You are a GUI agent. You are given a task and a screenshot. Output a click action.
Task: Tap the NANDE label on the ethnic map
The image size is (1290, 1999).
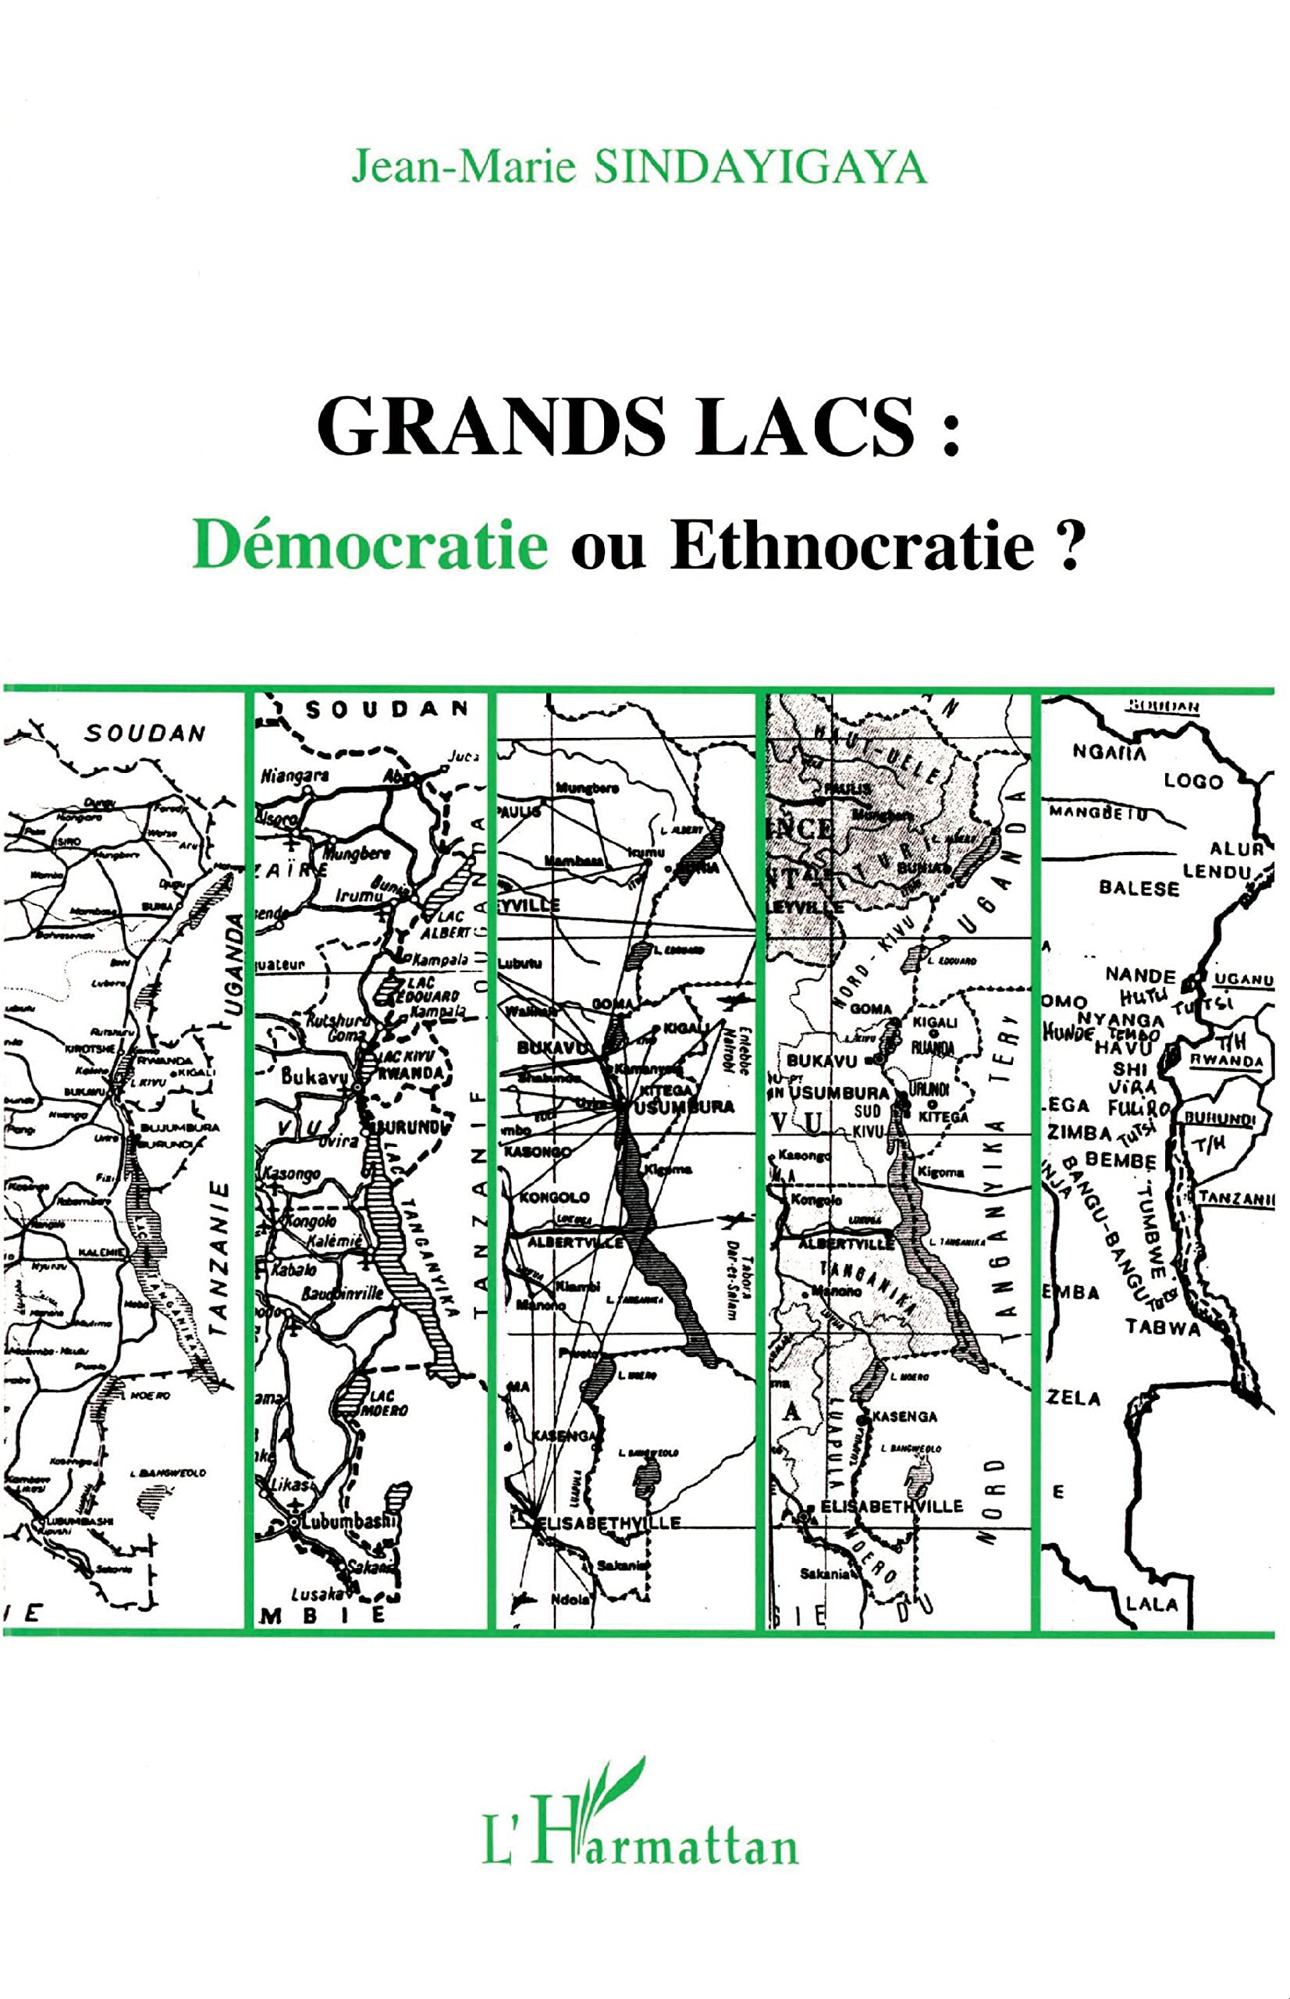pos(1140,975)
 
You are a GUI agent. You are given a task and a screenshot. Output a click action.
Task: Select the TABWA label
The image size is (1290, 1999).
pos(1163,1327)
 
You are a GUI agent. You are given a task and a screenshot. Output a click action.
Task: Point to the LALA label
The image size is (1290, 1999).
pos(1153,1604)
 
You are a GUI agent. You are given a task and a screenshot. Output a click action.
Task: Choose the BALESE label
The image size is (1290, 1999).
pos(1139,887)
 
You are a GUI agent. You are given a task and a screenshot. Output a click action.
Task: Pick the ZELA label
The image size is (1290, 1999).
pos(1072,1398)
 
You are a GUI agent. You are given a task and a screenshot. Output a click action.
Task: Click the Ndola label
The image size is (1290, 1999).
pos(570,1598)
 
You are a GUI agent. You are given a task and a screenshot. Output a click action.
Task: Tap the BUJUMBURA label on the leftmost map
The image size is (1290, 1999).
pos(180,1128)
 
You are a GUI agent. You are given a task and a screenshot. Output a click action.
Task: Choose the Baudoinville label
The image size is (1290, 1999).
pos(343,1293)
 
